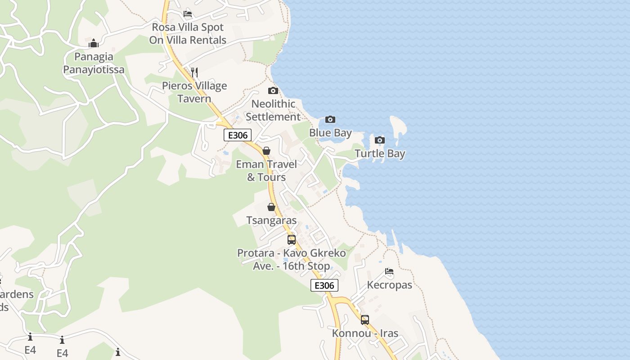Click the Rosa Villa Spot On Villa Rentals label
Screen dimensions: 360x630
pos(188,34)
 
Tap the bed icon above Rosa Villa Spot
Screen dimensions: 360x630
pos(188,14)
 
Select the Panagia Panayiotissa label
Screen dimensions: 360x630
pos(94,63)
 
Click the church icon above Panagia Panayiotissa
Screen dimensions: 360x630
pos(94,44)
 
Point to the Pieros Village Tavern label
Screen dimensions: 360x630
pos(194,92)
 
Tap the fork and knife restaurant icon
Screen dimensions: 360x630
pos(194,72)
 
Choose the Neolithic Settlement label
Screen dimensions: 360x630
pos(273,110)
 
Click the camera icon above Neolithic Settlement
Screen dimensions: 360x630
pos(273,91)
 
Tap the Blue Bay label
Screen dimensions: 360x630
pos(330,133)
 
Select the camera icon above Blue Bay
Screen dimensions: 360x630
pos(330,119)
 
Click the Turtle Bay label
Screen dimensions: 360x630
pos(380,153)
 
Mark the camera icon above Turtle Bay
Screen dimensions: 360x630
pos(380,140)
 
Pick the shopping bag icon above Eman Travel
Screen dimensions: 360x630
pos(266,151)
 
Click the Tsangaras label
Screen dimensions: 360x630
pos(271,220)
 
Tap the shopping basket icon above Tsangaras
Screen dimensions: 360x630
pos(271,207)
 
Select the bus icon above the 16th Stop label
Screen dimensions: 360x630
pos(292,239)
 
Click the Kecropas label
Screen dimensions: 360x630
pos(389,285)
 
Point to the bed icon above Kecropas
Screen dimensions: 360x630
pos(389,271)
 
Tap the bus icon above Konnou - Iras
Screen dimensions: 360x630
pos(365,320)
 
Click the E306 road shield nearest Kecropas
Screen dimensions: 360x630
pos(324,285)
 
